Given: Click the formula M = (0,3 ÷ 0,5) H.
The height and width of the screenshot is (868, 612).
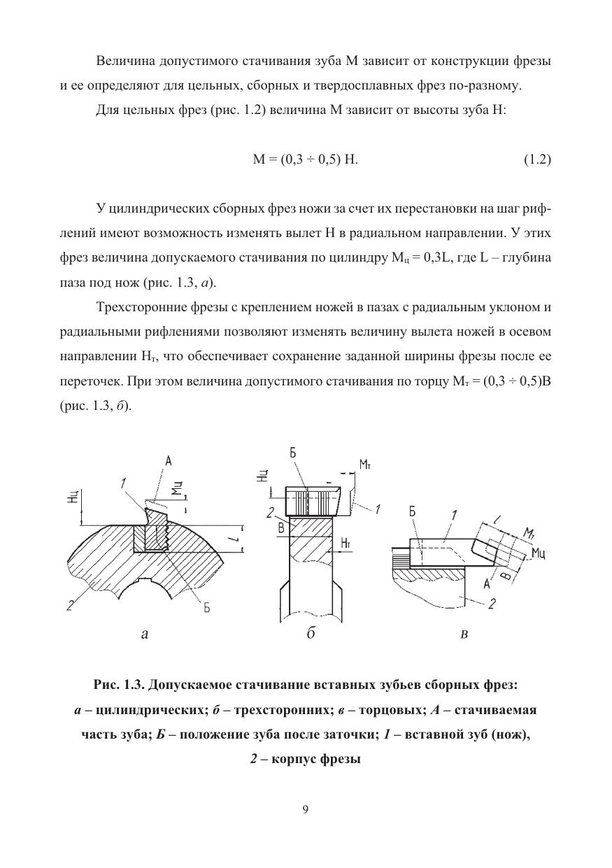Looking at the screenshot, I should pos(305,159).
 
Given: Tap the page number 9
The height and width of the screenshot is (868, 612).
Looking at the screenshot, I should pos(306,810).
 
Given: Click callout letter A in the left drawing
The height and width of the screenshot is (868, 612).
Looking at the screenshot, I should pos(169,461).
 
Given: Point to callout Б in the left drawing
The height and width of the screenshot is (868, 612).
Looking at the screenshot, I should pos(207,608).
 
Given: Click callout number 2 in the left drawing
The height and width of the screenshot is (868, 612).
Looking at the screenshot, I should pos(70,606).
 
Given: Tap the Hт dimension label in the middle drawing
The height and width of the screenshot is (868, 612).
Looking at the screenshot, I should pos(346,543).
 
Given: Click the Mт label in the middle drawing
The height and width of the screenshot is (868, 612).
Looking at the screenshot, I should pos(365,464).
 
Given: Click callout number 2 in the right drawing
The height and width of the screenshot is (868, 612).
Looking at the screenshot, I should pos(492,603).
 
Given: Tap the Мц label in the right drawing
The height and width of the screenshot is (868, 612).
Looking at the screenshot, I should pos(539,554).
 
